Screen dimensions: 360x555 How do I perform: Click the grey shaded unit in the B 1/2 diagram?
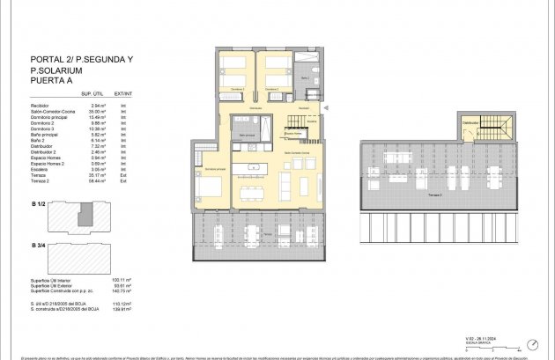tap(84, 215)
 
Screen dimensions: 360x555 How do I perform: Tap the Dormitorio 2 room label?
tap(272, 90)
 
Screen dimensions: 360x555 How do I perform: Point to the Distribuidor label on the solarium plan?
tap(471, 123)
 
